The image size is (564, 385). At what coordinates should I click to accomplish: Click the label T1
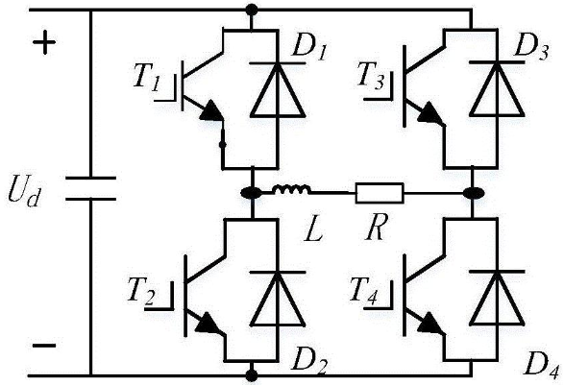pos(146,77)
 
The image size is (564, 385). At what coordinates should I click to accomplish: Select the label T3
pos(371,76)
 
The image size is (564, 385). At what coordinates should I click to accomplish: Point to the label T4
pos(364,290)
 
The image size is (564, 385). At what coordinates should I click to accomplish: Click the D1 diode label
pos(309,48)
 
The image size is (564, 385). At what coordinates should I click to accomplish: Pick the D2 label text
pos(309,361)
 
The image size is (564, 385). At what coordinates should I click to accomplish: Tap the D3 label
pos(531,46)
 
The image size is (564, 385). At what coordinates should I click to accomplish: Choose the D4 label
pos(543,365)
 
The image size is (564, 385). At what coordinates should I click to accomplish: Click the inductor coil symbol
pos(291,190)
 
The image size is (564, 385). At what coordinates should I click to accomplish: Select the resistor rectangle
pos(380,193)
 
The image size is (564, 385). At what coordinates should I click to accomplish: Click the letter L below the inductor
pos(313,229)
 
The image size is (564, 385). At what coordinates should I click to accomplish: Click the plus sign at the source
pos(44,42)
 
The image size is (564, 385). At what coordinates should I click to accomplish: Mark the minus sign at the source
pos(44,346)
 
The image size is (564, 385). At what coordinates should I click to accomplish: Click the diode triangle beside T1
pos(278,90)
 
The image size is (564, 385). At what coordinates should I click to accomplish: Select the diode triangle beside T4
pos(497,299)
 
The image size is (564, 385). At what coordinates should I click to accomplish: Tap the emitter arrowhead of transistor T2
pos(208,323)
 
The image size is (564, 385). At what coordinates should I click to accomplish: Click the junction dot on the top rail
pos(252,10)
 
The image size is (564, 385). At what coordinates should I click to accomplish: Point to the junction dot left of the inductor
pos(251,193)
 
